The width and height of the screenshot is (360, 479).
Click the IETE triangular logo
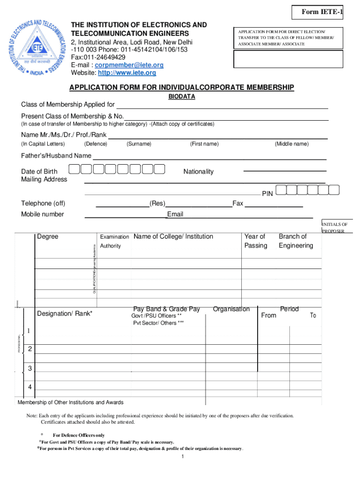[x=36, y=45]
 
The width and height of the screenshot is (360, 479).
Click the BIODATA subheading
[x=181, y=96]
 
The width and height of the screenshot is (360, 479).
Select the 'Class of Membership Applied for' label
[x=68, y=104]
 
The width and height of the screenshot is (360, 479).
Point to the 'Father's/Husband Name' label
[x=56, y=155]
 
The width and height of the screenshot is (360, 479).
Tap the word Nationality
[x=198, y=172]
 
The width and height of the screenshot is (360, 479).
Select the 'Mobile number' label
[x=43, y=214]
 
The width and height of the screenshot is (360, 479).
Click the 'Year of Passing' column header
[x=255, y=241]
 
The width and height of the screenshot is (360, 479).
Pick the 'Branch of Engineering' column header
[x=295, y=241]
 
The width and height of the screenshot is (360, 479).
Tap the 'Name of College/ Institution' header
[x=173, y=237]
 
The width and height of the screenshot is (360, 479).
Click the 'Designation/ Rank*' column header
[x=65, y=313]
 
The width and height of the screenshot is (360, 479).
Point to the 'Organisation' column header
[x=231, y=309]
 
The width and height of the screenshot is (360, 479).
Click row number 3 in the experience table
[x=30, y=369]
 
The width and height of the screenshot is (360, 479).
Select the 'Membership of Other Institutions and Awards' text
[x=71, y=402]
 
